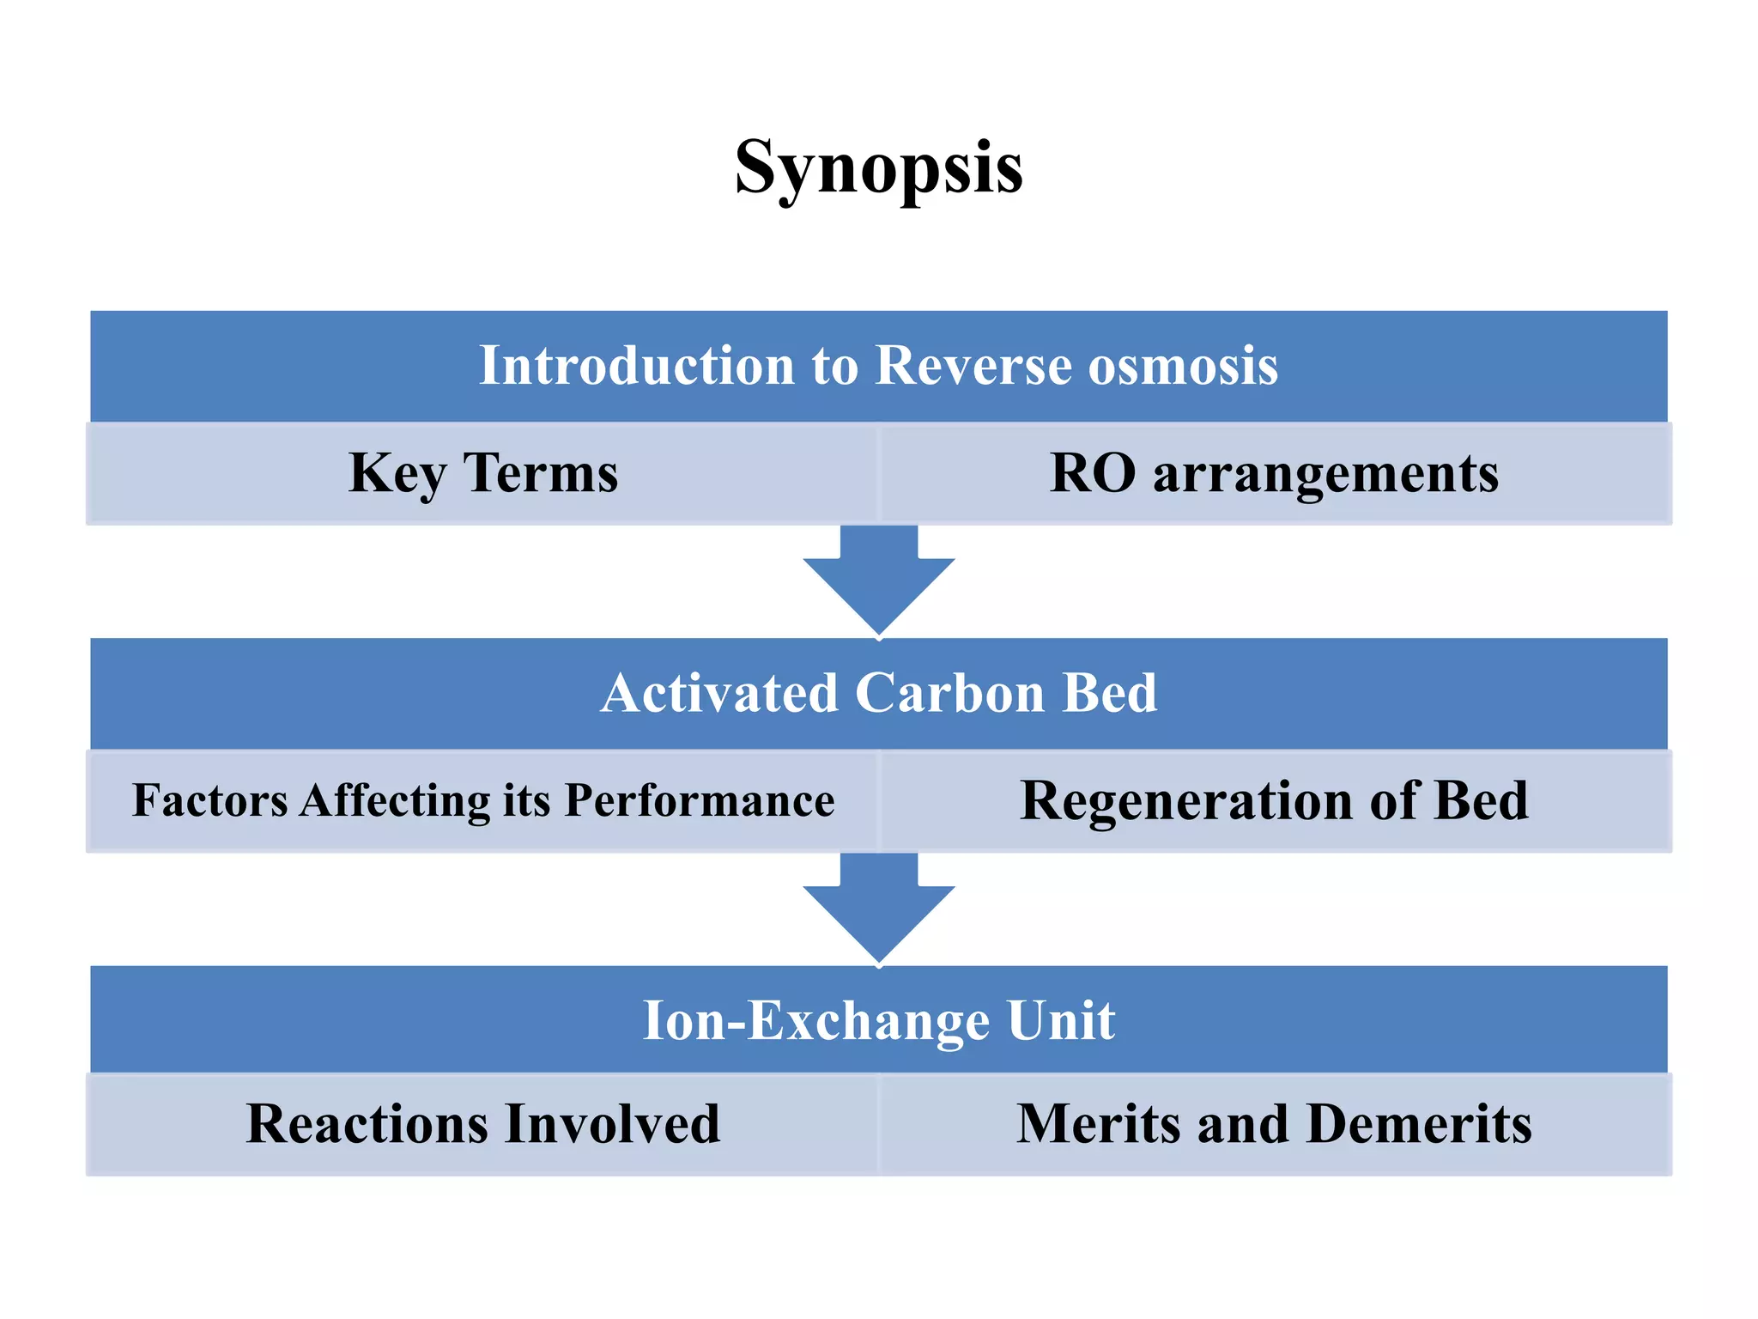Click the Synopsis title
tap(878, 168)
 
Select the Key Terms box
tap(483, 473)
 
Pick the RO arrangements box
tap(1275, 473)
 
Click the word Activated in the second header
tap(719, 693)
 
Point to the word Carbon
tap(950, 693)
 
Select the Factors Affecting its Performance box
tap(483, 800)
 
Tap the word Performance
tap(700, 800)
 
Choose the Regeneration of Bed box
tap(1275, 800)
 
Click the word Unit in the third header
tap(1061, 1021)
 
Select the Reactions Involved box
tap(483, 1124)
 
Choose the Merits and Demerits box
tap(1275, 1124)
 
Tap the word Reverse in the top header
tap(973, 366)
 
